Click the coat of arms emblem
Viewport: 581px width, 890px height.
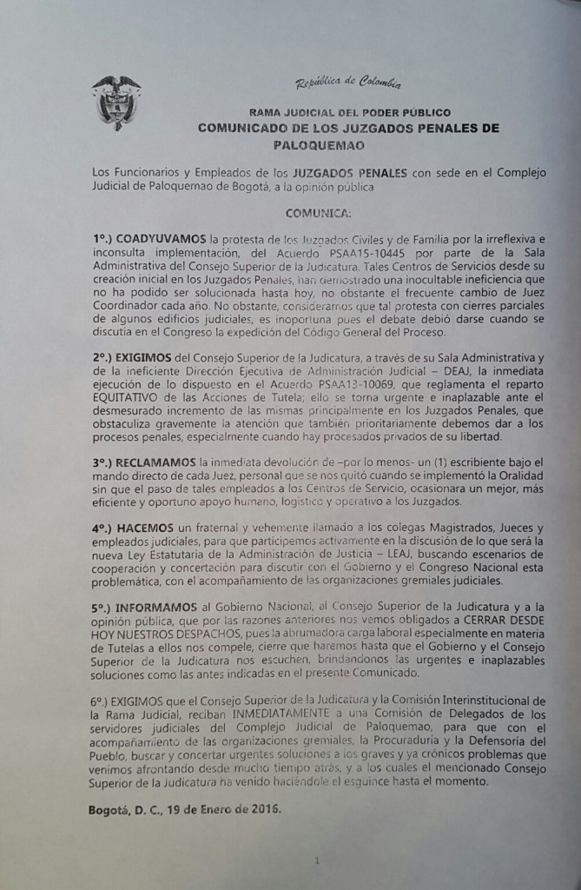(116, 103)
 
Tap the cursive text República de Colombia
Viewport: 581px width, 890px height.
(348, 83)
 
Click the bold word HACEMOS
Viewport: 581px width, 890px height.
(144, 528)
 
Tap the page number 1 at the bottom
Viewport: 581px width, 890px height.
(318, 860)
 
